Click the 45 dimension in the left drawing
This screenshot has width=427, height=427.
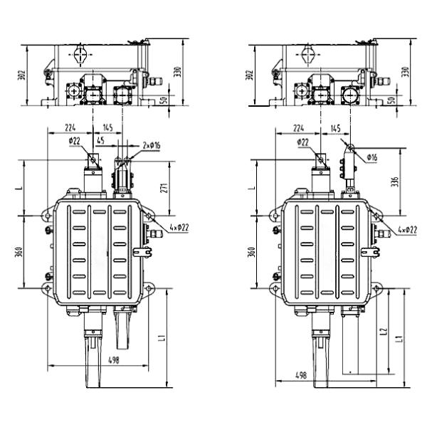pos(100,140)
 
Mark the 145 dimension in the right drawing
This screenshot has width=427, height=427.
pos(334,127)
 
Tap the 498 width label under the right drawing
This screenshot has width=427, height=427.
pos(300,375)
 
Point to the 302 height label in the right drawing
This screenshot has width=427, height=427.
pos(248,75)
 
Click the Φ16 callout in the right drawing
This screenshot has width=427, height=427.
pos(371,157)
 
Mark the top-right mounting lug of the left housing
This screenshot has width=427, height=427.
pos(149,213)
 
